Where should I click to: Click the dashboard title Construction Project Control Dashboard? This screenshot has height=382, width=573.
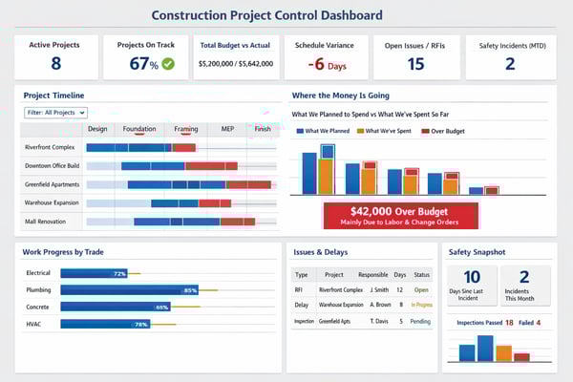click(266, 15)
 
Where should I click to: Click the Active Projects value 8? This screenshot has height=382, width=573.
click(55, 63)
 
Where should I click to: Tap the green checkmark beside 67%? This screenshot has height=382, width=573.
click(168, 64)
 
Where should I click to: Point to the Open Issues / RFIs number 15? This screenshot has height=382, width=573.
click(415, 64)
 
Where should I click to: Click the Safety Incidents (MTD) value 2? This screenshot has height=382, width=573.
click(509, 64)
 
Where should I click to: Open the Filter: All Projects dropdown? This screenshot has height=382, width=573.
click(55, 113)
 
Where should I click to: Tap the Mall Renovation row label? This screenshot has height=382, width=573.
click(46, 221)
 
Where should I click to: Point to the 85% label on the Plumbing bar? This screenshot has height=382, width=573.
click(190, 290)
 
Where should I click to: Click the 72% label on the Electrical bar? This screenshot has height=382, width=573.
click(119, 273)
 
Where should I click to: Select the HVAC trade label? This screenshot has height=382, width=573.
click(35, 324)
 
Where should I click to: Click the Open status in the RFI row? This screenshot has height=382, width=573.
click(421, 289)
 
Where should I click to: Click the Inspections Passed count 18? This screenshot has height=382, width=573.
click(510, 323)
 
